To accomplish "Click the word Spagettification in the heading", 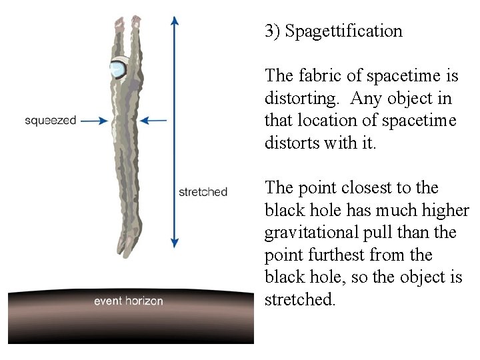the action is [x=343, y=31].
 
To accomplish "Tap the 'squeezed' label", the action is [x=51, y=121].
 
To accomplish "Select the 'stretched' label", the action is [x=203, y=192].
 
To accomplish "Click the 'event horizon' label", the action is [x=128, y=301].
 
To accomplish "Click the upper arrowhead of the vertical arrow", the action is [x=175, y=20].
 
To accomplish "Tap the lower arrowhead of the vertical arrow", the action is [x=175, y=243].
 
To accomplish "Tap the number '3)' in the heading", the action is [x=272, y=31].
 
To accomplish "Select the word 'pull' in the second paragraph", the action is [x=384, y=233].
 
